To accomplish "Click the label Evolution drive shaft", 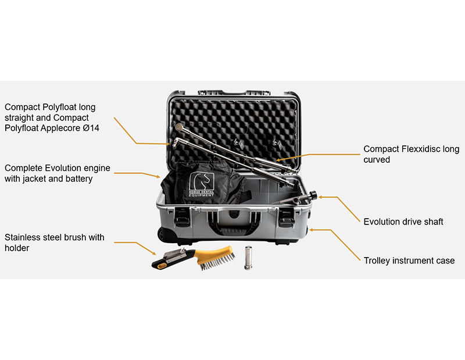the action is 403,222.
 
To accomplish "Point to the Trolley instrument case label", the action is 409,261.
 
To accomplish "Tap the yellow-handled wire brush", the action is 194,258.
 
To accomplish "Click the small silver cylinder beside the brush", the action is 248,258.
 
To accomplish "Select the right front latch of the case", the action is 286,218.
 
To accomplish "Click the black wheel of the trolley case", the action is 163,234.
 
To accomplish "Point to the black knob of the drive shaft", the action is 313,195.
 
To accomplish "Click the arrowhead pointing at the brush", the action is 153,253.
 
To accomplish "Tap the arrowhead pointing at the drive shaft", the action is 321,197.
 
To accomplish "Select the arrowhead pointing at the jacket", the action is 158,177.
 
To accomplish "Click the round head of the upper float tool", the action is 179,127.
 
